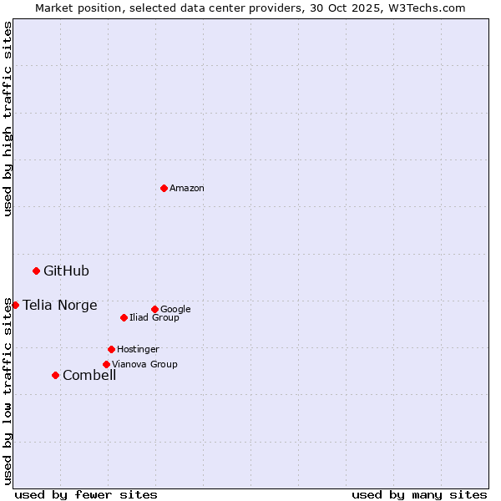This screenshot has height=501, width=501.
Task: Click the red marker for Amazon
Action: coord(164,188)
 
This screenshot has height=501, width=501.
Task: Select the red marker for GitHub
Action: coord(36,271)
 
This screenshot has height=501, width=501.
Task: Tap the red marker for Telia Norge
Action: coord(15,305)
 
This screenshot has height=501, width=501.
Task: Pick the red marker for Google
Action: coord(154,309)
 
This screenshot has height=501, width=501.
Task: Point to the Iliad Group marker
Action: coord(124,317)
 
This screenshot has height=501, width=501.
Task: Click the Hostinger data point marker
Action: coord(111,349)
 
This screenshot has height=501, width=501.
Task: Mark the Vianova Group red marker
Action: coord(106,364)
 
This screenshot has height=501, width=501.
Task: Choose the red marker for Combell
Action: coord(55,375)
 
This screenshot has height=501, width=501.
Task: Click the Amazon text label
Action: coord(187,189)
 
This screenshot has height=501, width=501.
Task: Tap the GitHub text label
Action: coord(66,271)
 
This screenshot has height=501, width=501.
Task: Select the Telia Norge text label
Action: coord(60,305)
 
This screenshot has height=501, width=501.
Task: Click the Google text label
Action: coord(175,309)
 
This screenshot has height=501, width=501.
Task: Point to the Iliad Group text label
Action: coord(154,317)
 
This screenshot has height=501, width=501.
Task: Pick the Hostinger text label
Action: coord(138,349)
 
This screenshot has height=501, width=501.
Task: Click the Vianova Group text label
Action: coord(144,364)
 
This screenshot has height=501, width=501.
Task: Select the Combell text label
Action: coord(89,375)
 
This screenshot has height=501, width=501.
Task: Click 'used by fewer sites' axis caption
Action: coord(86,494)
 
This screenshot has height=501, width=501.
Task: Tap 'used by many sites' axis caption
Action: coord(419,494)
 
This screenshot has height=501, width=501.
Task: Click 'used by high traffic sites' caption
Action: coord(8,119)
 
